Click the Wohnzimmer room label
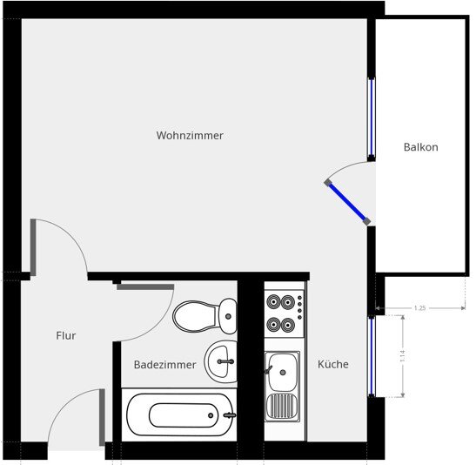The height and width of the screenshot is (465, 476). [x=190, y=136]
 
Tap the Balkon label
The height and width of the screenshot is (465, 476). [x=420, y=147]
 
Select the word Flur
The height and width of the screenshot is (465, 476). [x=66, y=335]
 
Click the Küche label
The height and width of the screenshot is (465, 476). [x=332, y=364]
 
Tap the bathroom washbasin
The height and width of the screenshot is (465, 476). [x=221, y=360]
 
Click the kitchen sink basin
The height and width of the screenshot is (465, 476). [x=282, y=371]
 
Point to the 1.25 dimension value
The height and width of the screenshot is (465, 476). [x=419, y=308]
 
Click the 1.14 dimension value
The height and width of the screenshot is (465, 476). [x=403, y=357]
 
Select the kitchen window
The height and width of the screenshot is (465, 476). [x=371, y=356]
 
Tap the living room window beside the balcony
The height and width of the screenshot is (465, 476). [x=372, y=118]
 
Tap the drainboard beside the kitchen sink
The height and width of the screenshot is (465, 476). [x=282, y=405]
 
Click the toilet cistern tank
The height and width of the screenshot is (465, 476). [x=227, y=313]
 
